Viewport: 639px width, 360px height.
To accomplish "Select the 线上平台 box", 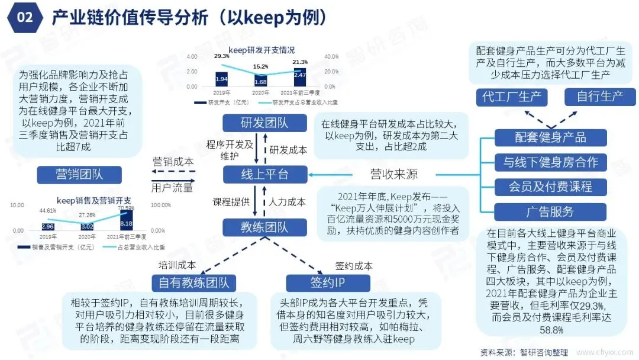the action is tap(257, 174).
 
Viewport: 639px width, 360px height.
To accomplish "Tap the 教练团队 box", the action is tap(257, 227).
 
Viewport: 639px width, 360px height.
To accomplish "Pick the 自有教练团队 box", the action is tap(193, 282).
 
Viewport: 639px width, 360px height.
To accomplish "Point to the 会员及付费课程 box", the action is tap(550, 187).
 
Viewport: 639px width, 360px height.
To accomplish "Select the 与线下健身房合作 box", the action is tap(550, 162).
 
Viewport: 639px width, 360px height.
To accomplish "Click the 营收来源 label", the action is tap(393, 174).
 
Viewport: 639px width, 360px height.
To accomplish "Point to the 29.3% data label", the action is tap(222, 56).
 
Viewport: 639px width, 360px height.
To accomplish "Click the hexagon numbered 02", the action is tap(24, 17).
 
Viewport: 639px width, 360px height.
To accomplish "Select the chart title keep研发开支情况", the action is tap(262, 50).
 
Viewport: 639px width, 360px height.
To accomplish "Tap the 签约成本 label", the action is tap(353, 266).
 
